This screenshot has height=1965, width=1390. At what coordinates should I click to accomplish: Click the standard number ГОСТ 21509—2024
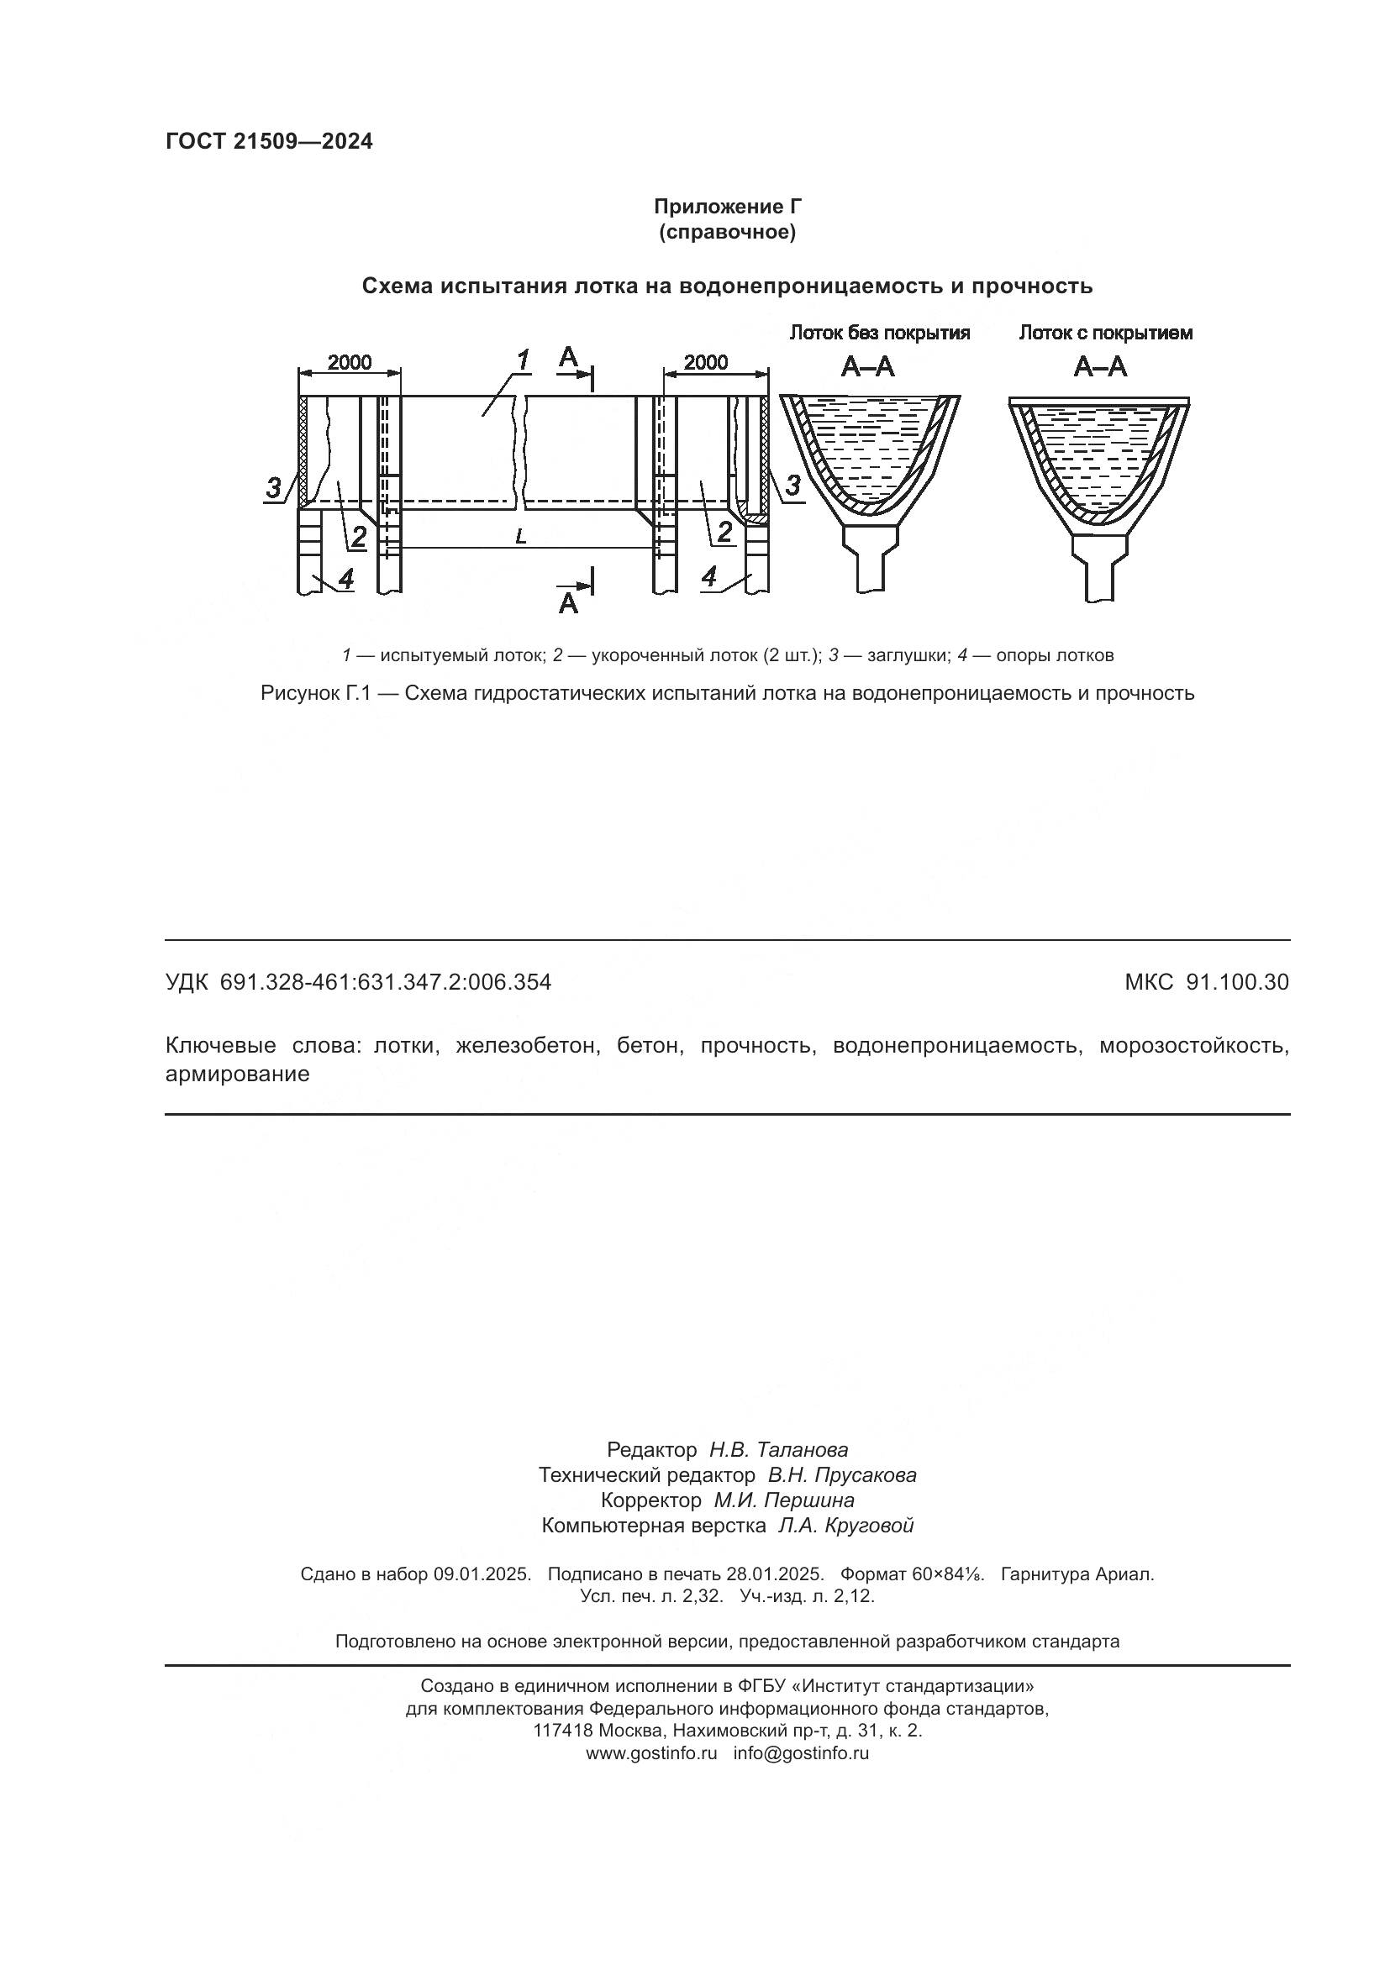point(269,142)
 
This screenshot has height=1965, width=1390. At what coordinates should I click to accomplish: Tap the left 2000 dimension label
point(350,362)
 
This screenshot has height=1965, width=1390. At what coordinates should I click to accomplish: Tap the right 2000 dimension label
point(706,362)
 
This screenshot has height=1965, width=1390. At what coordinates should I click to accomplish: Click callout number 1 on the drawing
point(522,360)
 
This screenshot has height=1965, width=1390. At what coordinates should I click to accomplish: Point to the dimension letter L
point(520,537)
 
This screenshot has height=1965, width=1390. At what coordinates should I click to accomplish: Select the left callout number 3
point(273,488)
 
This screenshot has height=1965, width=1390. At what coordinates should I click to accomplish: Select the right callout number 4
point(709,577)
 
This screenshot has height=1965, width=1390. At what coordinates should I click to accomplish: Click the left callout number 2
point(358,537)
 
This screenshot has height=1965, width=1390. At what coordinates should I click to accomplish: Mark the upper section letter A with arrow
point(568,359)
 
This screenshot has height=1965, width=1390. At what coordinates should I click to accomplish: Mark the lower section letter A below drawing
point(568,603)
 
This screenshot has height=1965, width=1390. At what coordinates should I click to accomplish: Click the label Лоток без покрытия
point(879,333)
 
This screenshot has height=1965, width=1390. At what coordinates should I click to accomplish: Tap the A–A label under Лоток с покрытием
point(1100,367)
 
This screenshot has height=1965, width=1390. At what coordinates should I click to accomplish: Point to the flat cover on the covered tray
point(1099,401)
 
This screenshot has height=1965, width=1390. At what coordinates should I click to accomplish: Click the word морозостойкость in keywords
point(1193,1045)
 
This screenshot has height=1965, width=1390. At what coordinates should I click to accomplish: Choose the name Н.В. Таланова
point(778,1449)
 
